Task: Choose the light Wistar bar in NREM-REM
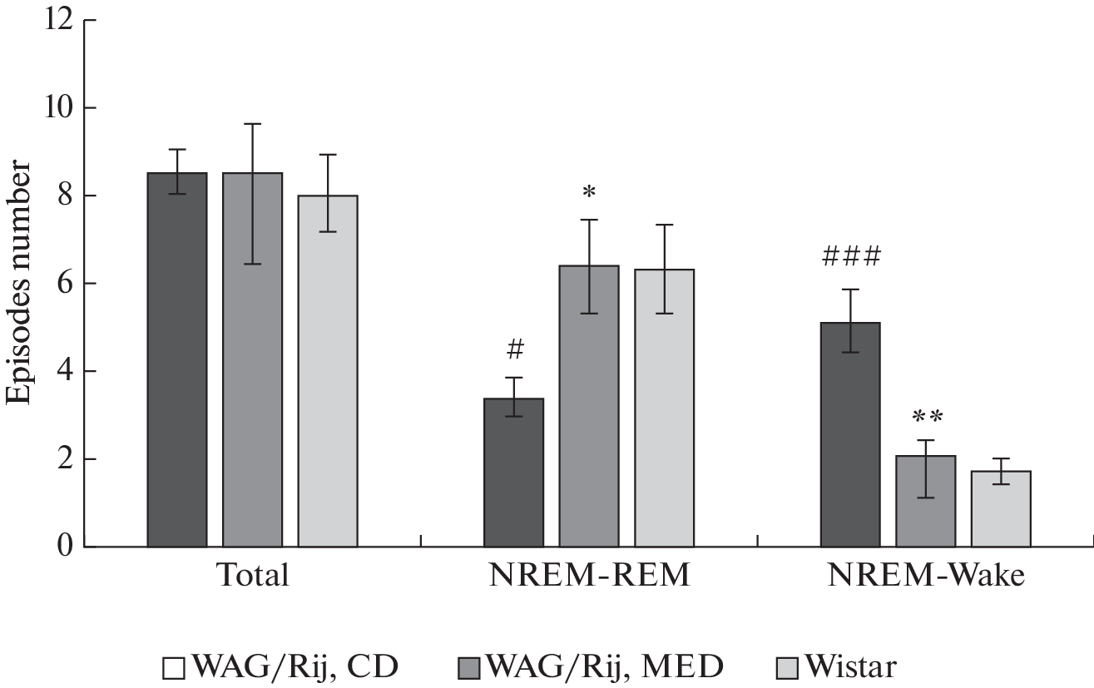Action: tap(664, 408)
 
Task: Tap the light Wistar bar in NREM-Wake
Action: tap(1001, 508)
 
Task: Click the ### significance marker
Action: tap(850, 257)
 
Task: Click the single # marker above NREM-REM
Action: tap(514, 350)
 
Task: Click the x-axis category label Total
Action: tap(252, 575)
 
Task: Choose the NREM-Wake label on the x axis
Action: tap(925, 575)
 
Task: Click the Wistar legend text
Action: tap(851, 666)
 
